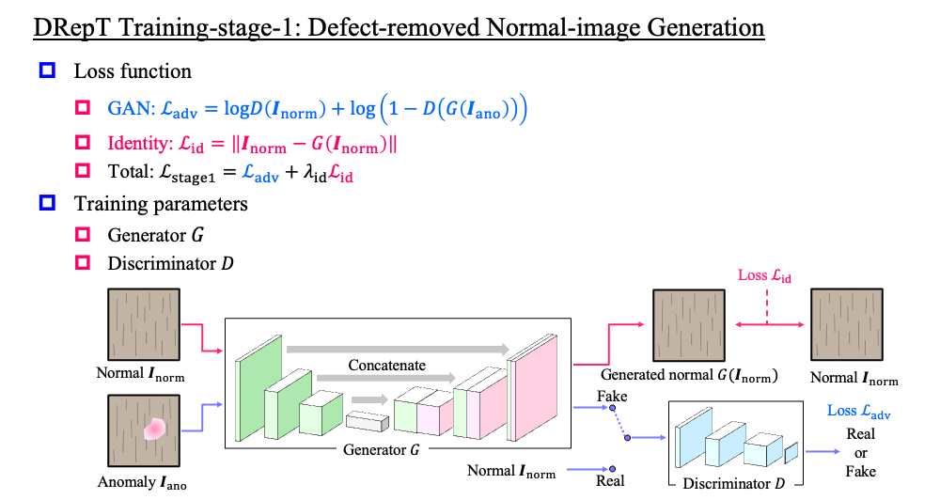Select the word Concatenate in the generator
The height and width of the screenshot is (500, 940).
coord(386,365)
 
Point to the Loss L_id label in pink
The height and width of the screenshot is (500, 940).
coord(764,275)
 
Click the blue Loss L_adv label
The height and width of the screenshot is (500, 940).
coord(858,411)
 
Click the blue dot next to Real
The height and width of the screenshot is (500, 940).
coord(611,468)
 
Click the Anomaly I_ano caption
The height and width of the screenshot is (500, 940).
coord(140,483)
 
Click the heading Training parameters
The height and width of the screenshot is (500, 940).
coord(161,203)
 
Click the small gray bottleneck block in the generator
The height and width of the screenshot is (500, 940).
coord(361,422)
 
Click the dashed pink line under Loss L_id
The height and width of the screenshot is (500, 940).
coord(766,305)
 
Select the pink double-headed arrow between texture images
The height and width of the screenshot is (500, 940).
coord(766,324)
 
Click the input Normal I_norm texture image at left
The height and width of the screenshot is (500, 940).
coord(140,324)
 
